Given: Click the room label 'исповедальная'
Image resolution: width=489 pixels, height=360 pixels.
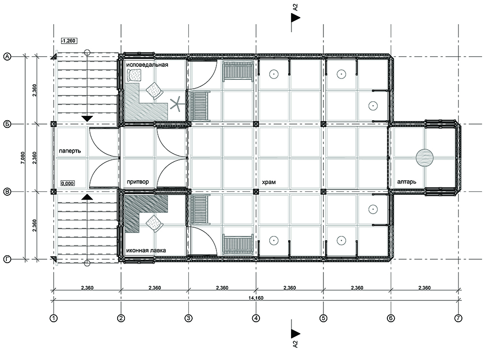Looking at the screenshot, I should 147,64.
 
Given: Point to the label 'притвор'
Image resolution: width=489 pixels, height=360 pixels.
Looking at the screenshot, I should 138,182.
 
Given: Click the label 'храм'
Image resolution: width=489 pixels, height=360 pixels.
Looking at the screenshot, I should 270,182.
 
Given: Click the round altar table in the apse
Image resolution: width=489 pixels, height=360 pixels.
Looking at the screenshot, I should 424,158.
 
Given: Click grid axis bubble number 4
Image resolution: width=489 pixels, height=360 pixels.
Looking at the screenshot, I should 256,318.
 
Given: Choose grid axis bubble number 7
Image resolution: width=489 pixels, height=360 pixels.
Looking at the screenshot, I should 458,318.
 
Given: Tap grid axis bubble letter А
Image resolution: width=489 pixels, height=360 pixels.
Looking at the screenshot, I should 7,57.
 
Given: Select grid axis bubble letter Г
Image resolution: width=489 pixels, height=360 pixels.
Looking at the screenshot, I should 7,260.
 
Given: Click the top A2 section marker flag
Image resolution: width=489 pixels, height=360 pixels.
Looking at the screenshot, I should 295,18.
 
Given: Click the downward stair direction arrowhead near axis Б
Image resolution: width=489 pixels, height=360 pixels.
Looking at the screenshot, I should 87,118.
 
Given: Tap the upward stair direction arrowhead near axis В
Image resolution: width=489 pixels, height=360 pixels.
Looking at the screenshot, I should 87,197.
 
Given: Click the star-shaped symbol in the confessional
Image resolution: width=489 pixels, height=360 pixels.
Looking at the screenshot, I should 177,104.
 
